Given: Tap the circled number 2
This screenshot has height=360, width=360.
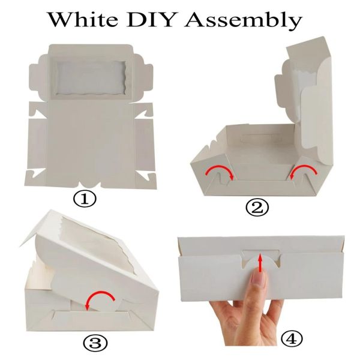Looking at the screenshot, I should [x=256, y=207].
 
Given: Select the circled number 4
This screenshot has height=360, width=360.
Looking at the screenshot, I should [x=292, y=338].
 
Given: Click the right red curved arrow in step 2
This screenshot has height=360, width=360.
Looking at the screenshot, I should [x=298, y=173].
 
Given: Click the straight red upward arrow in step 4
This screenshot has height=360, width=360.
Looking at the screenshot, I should [x=259, y=263].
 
